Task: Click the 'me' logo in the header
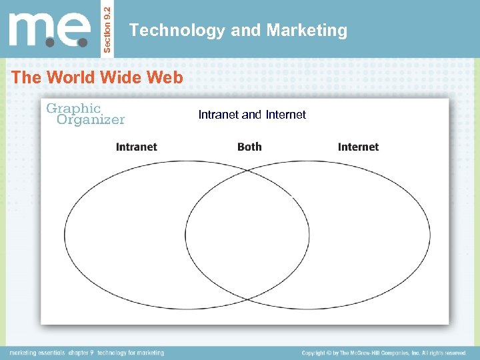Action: (x=49, y=29)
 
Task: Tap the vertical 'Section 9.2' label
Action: (x=109, y=29)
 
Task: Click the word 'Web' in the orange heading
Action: (x=165, y=77)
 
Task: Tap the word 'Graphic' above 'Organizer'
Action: (x=73, y=108)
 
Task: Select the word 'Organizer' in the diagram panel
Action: (x=91, y=120)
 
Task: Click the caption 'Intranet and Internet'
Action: (x=252, y=115)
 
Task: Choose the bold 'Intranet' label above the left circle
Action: (x=137, y=147)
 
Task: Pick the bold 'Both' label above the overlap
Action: (x=249, y=147)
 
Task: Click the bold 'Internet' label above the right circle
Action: (x=358, y=147)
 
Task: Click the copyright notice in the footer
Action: (x=383, y=353)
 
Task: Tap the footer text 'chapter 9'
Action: (x=82, y=353)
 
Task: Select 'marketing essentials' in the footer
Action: (x=37, y=353)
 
